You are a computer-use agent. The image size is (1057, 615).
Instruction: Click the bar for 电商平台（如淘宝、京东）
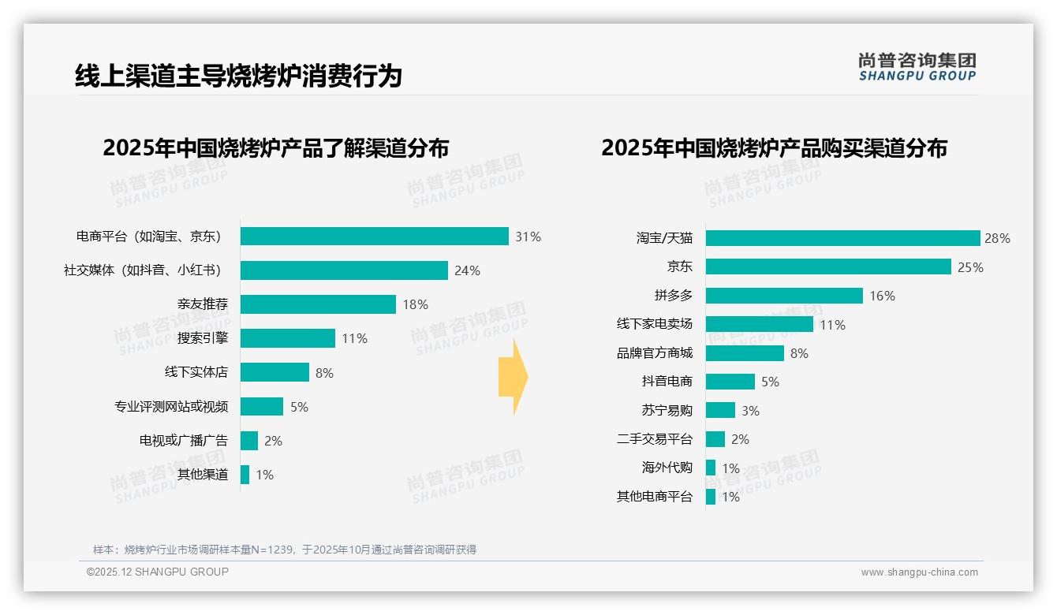click(x=374, y=237)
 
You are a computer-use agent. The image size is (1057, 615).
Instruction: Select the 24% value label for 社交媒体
click(x=467, y=270)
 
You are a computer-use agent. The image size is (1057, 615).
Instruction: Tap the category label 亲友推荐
click(x=202, y=304)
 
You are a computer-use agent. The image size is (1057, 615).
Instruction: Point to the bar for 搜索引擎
click(x=288, y=338)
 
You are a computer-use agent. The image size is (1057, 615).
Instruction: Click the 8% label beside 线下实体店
click(x=324, y=373)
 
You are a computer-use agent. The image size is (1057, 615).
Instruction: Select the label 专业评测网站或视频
click(x=171, y=407)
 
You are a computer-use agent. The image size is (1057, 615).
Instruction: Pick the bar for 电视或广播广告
click(x=249, y=441)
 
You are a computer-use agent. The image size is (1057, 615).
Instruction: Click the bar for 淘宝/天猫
click(x=842, y=238)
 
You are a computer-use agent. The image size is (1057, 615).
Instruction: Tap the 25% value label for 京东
click(x=970, y=267)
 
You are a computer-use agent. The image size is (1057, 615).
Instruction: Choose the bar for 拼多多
click(x=784, y=296)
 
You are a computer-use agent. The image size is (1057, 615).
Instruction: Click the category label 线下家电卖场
click(x=654, y=324)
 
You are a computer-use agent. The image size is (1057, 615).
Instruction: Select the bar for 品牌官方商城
click(x=745, y=353)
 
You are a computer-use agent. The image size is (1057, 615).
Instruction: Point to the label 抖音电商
click(x=667, y=382)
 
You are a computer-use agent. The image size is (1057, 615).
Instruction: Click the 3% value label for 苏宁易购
click(x=750, y=411)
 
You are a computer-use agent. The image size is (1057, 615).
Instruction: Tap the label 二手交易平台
click(x=654, y=439)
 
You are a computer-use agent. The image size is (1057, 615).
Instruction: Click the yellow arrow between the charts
click(x=514, y=378)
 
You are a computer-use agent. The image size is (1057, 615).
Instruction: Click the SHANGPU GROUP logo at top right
click(x=917, y=67)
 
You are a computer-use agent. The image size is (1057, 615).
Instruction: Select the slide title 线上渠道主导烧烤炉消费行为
click(x=238, y=76)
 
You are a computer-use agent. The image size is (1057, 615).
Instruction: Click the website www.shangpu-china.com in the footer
click(x=919, y=572)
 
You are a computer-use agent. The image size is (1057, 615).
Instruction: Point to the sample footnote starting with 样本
click(x=285, y=550)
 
